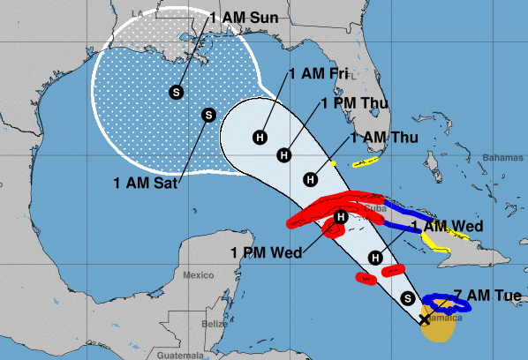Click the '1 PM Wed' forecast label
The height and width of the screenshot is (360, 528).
coord(267,252)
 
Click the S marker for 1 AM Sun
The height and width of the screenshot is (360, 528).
coord(177,91)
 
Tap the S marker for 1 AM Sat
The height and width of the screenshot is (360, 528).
coord(208,114)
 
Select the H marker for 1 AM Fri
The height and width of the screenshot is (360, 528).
coord(260,137)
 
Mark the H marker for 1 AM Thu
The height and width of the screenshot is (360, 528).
coord(311,179)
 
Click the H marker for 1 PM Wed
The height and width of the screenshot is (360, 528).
coord(341,218)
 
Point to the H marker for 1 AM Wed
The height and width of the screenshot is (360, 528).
coord(375,258)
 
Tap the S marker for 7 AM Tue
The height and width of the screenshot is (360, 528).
coord(407,297)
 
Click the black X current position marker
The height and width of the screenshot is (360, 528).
coord(425,319)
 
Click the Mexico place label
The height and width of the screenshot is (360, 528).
coord(199,274)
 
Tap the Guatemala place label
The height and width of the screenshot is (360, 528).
coord(177,355)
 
